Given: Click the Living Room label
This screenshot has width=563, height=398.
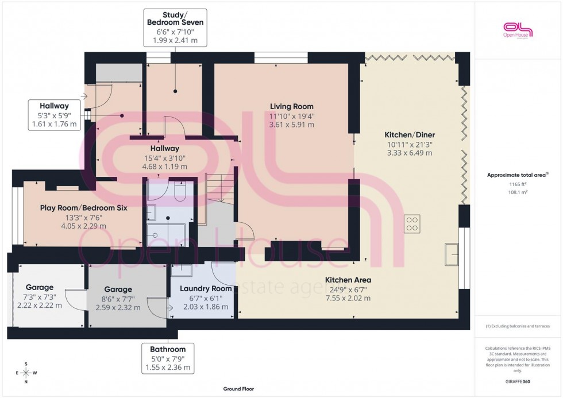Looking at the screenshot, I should pyautogui.click(x=292, y=106).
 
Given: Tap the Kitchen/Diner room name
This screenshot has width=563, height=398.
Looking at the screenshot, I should pyautogui.click(x=408, y=135).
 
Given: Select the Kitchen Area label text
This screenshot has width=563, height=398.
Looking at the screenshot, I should pyautogui.click(x=348, y=280).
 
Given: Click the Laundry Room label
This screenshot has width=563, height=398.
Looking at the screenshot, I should pyautogui.click(x=205, y=289).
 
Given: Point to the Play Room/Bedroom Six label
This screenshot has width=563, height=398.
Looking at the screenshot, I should pyautogui.click(x=83, y=208).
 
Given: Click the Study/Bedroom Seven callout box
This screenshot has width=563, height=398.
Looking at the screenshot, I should pyautogui.click(x=175, y=27).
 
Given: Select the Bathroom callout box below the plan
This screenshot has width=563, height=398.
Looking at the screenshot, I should pyautogui.click(x=168, y=358).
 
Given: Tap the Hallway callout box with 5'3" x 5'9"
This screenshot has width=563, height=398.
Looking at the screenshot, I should pyautogui.click(x=54, y=114).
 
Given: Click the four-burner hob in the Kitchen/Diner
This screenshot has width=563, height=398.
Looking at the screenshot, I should pyautogui.click(x=412, y=223).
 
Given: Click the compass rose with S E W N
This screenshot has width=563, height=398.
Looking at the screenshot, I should pyautogui.click(x=25, y=373).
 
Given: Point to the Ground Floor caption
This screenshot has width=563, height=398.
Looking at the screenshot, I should pyautogui.click(x=238, y=389).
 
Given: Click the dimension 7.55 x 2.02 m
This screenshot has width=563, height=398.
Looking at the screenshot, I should pyautogui.click(x=348, y=298).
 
